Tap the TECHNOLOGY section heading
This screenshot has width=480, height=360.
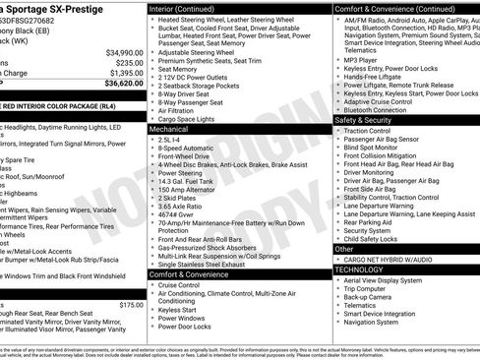[359, 269]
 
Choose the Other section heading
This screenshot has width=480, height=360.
[345, 249]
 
